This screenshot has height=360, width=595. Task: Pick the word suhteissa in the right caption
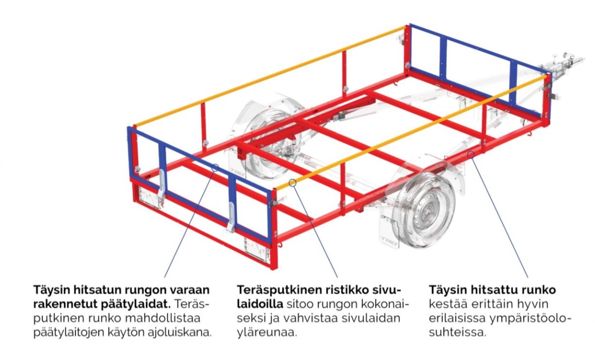[x=457, y=332]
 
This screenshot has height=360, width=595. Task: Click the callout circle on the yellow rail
[x=292, y=183]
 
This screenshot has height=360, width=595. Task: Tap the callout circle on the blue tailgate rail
[x=215, y=168]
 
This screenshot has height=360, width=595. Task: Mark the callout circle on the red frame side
[x=471, y=154]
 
